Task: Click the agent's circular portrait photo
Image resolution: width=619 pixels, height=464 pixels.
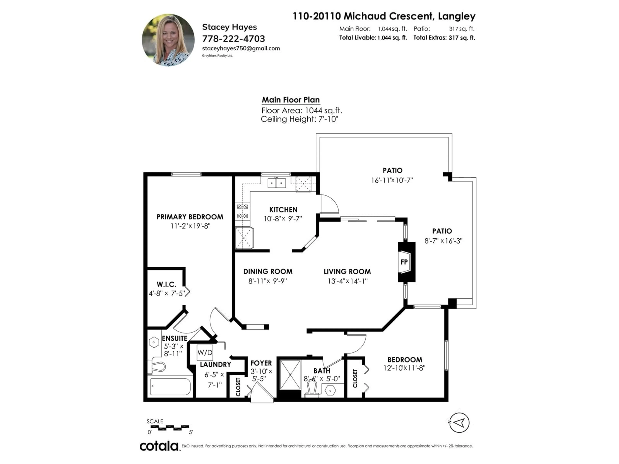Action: [x=168, y=40]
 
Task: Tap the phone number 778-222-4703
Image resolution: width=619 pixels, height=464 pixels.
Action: [x=233, y=39]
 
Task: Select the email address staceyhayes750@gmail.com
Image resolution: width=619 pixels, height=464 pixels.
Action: [x=241, y=48]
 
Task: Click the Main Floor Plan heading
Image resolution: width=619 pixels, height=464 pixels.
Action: [x=290, y=100]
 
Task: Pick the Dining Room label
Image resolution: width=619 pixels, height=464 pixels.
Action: [x=268, y=272]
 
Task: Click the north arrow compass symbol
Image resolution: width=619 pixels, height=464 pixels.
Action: [x=459, y=423]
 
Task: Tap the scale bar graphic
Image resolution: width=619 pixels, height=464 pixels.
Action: [x=170, y=428]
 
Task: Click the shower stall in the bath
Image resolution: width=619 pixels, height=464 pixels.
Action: [x=290, y=374]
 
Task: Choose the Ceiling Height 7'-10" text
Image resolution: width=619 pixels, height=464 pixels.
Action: [x=300, y=119]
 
